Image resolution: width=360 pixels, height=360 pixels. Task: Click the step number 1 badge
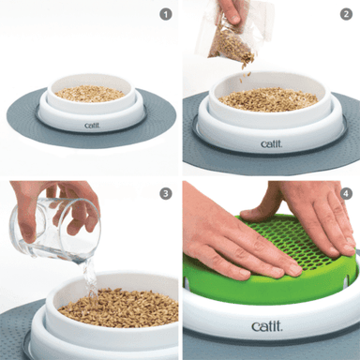point(166,15)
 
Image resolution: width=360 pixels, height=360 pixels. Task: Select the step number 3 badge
point(166,194)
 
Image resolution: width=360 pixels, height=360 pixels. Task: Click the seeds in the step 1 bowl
point(92,93)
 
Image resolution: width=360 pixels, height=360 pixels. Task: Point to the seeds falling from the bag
point(247,64)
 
